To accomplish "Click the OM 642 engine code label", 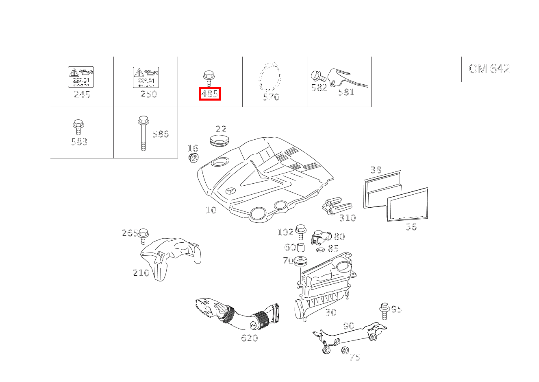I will [489, 68].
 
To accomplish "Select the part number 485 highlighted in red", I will [210, 94].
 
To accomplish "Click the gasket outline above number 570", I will [270, 77].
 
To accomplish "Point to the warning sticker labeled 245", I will [81, 77].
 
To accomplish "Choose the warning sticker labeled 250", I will [146, 77].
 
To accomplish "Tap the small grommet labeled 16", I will [193, 158].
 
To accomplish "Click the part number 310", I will [347, 218].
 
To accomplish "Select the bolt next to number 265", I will [143, 236].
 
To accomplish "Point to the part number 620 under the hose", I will [249, 338].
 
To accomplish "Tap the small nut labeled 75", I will [346, 350].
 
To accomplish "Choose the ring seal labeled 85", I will [320, 249].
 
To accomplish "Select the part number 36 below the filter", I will [411, 227].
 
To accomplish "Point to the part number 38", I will [376, 170].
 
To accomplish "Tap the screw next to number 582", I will [317, 76].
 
